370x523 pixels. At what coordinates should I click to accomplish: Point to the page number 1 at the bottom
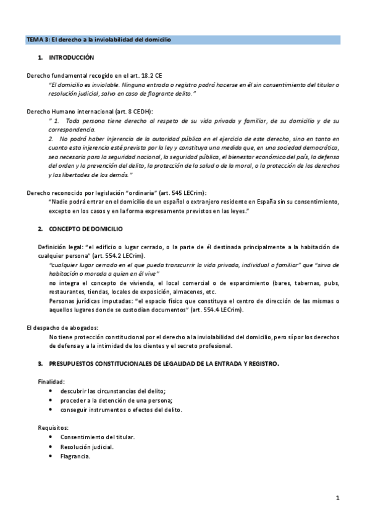click(338, 497)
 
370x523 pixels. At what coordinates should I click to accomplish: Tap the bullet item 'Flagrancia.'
click(75, 456)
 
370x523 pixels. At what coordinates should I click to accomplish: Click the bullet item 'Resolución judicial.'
click(87, 447)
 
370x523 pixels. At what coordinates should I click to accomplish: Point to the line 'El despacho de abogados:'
click(63, 327)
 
